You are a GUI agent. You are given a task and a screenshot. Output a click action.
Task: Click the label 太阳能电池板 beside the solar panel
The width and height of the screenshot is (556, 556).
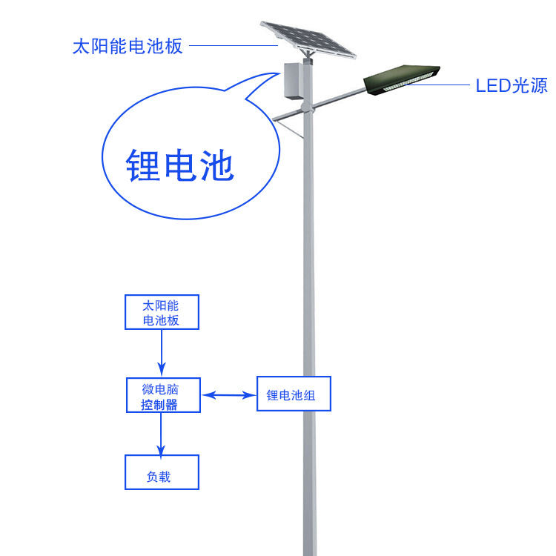(x=127, y=46)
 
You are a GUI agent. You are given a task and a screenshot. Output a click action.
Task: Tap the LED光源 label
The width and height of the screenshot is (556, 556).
(x=511, y=85)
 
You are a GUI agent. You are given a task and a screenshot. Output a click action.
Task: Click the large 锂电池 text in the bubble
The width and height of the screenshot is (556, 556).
(x=179, y=165)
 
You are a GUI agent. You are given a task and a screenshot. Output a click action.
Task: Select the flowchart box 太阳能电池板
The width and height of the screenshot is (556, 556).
(x=161, y=312)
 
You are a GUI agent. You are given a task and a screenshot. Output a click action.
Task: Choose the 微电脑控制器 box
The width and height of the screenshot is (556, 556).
(x=161, y=396)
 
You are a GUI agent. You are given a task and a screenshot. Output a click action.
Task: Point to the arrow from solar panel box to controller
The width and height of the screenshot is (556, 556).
(x=161, y=353)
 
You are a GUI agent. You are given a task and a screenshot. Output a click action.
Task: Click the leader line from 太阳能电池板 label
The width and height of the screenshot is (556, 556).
(x=234, y=46)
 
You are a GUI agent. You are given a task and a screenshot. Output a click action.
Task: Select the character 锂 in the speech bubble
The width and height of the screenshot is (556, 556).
(x=142, y=165)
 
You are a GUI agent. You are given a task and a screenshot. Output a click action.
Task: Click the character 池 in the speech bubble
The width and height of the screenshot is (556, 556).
(x=216, y=165)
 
